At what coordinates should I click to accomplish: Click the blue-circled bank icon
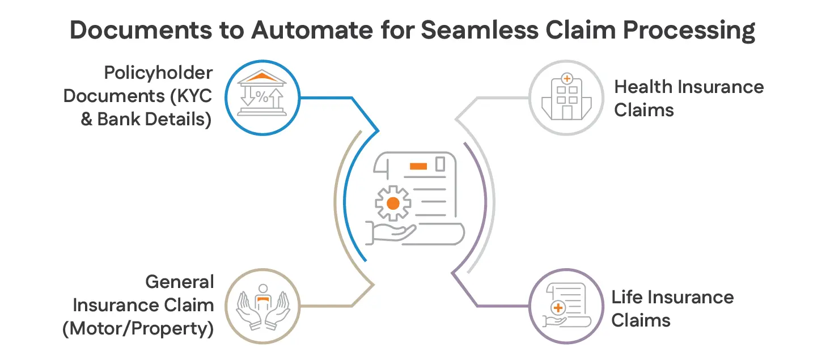(261, 97)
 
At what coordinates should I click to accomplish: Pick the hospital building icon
(566, 97)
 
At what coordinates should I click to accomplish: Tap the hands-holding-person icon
(261, 306)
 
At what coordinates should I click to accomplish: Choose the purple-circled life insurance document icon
(566, 306)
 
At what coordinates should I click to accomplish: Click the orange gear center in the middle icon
(392, 203)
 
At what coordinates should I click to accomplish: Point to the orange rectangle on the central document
(418, 166)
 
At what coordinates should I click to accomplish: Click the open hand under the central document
(391, 232)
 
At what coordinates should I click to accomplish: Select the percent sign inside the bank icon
(261, 97)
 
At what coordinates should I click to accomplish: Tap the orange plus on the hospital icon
(566, 78)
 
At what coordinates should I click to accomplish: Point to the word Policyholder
(158, 73)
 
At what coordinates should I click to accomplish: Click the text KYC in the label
(193, 96)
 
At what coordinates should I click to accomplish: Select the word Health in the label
(643, 87)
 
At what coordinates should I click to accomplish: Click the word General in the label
(180, 282)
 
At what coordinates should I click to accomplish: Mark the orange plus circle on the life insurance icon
(558, 308)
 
